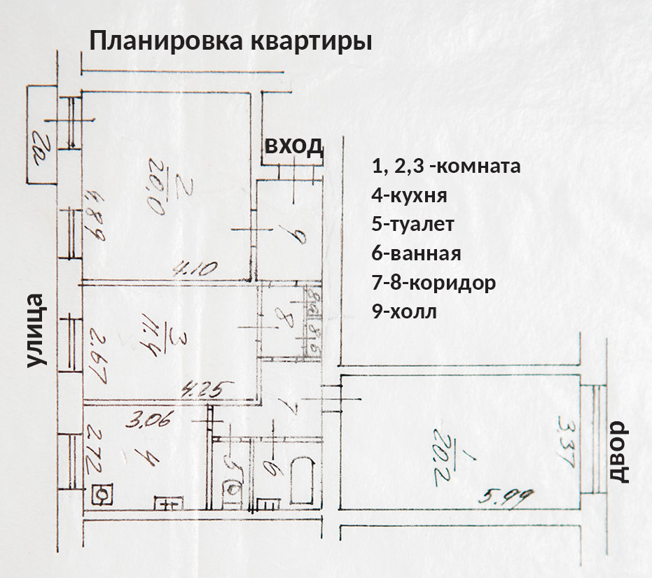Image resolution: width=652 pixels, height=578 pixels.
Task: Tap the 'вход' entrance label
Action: click(294, 146)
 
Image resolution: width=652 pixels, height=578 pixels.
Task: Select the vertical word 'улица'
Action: click(36, 331)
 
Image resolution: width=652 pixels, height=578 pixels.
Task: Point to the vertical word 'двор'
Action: click(620, 453)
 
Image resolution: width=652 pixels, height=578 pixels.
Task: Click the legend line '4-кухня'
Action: click(410, 195)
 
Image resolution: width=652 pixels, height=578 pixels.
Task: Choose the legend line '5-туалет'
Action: click(413, 225)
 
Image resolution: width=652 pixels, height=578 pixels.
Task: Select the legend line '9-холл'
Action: click(405, 312)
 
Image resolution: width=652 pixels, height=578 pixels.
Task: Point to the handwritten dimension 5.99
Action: click(506, 498)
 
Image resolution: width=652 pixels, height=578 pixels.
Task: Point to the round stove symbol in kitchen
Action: click(102, 494)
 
